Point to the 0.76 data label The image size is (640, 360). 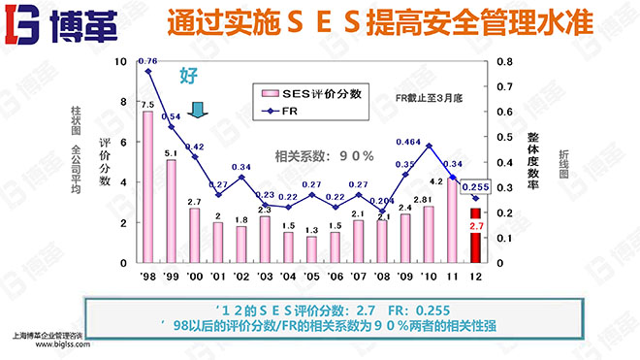(x=147, y=61)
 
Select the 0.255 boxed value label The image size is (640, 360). (x=475, y=187)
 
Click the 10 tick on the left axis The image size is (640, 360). (x=121, y=61)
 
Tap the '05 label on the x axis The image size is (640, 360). (x=311, y=276)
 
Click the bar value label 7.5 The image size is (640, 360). (x=147, y=105)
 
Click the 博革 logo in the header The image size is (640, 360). (x=60, y=23)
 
